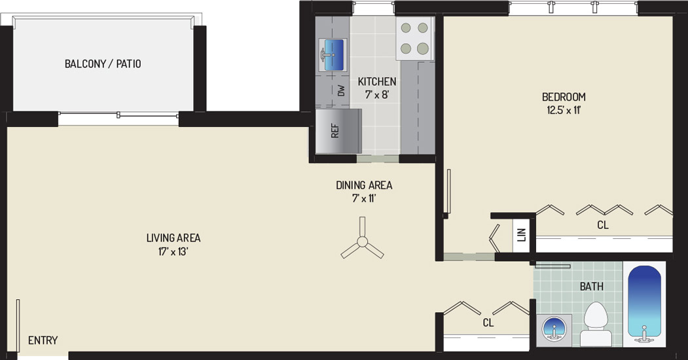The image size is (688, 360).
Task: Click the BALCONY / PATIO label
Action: pyautogui.click(x=103, y=64)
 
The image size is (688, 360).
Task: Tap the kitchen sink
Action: pyautogui.click(x=333, y=55)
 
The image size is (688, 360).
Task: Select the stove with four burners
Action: pyautogui.click(x=414, y=39)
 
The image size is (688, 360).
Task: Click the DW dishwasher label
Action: pyautogui.click(x=341, y=91)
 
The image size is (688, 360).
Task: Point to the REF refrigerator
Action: pyautogui.click(x=338, y=131)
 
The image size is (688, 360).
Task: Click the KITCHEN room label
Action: pyautogui.click(x=377, y=82)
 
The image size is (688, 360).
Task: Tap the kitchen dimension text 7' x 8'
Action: pyautogui.click(x=377, y=94)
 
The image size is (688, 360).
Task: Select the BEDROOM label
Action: pyautogui.click(x=564, y=96)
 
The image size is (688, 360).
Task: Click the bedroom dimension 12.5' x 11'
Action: pyautogui.click(x=564, y=109)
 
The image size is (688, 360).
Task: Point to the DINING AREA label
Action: pyautogui.click(x=364, y=185)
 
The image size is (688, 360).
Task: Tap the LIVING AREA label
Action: pyautogui.click(x=173, y=238)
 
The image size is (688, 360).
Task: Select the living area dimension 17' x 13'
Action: pyautogui.click(x=173, y=252)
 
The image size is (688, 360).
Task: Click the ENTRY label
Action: pyautogui.click(x=43, y=340)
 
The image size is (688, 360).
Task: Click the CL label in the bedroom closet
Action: pyautogui.click(x=603, y=225)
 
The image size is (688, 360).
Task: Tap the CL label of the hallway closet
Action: pyautogui.click(x=488, y=323)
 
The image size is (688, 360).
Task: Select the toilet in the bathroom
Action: pyautogui.click(x=596, y=324)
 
